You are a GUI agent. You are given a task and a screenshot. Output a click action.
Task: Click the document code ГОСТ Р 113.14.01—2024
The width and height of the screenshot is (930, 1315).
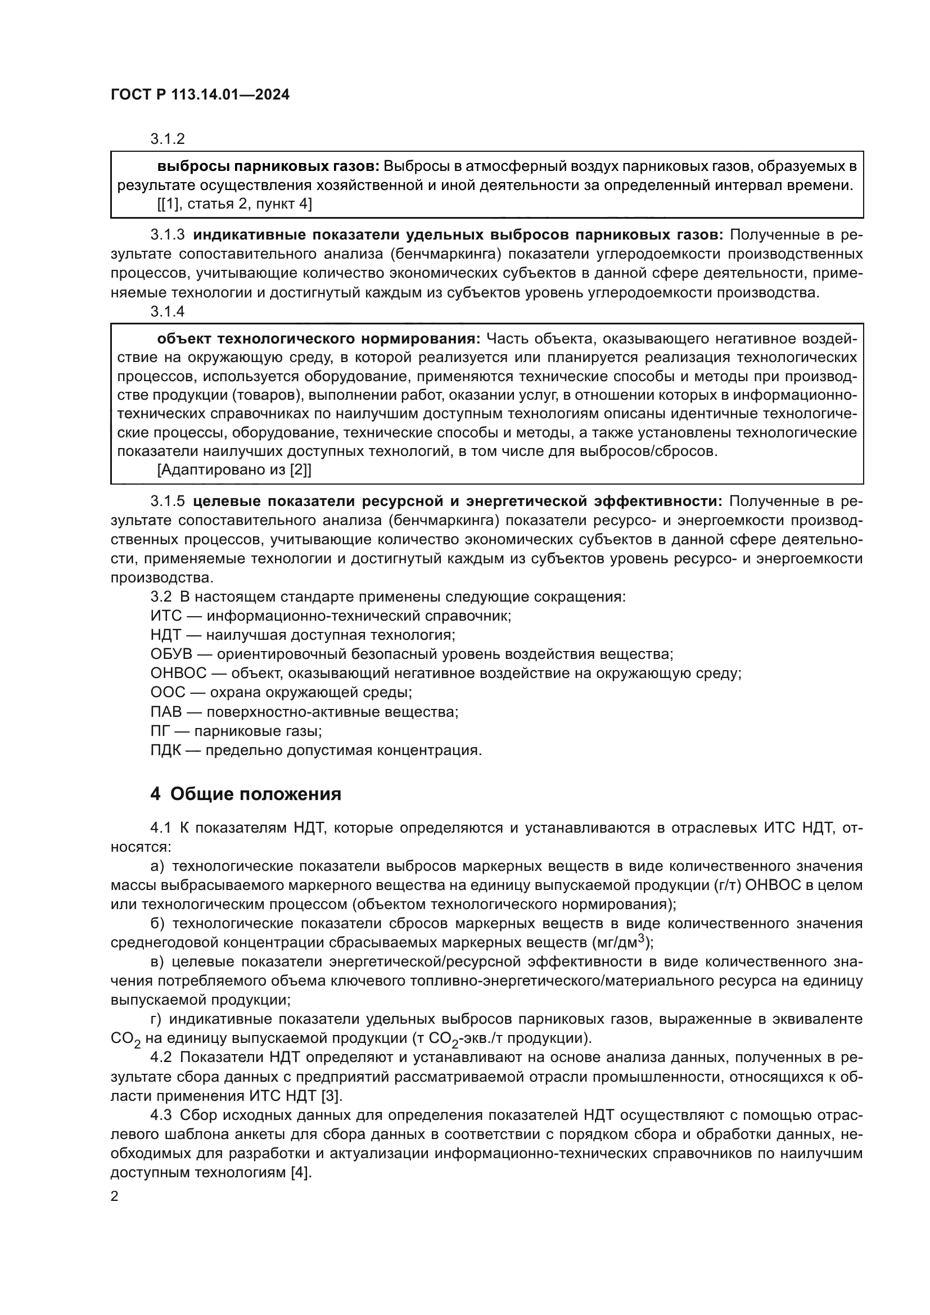(200, 95)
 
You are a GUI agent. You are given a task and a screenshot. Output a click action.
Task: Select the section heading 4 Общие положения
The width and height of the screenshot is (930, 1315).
(246, 794)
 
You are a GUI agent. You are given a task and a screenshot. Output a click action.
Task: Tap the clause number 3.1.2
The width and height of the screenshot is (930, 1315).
(167, 139)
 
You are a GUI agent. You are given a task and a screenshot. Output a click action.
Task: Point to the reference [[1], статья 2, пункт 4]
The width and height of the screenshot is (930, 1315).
(234, 204)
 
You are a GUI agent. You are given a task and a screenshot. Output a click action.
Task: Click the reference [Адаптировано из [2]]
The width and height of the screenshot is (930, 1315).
(234, 470)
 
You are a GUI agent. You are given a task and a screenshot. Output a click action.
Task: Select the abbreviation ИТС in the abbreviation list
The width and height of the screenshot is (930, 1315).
(166, 616)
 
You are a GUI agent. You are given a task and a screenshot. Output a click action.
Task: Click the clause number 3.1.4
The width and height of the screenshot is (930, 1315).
(167, 311)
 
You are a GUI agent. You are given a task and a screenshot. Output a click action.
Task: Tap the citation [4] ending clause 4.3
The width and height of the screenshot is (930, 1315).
(301, 1173)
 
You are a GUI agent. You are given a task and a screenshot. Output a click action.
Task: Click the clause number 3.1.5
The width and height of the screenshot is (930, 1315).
(167, 501)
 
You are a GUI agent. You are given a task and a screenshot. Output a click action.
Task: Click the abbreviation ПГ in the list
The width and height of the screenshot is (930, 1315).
(161, 731)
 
